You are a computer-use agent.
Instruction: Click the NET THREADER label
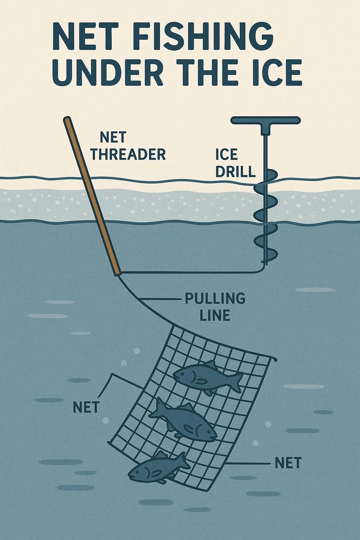128,146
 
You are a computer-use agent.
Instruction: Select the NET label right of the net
288,463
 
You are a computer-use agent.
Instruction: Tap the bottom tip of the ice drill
265,263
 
